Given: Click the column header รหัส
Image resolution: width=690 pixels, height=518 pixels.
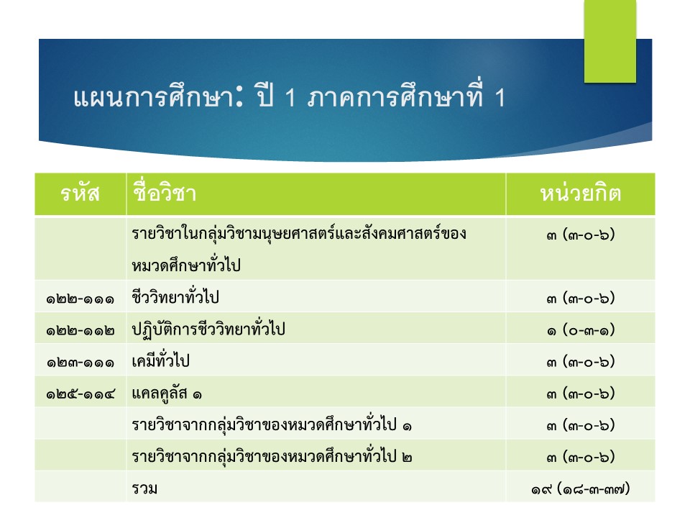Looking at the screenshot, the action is pos(80,194).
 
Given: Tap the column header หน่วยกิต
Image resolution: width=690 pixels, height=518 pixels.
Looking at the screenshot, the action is pos(581,193).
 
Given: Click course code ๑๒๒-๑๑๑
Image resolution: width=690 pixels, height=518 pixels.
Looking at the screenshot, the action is pos(80,299).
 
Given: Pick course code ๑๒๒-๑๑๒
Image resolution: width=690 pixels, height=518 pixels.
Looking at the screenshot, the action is pos(80,331).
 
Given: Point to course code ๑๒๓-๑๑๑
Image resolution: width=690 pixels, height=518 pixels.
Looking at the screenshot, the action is pos(80,363).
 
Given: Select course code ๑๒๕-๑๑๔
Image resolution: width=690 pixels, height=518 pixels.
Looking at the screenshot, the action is pos(80,394).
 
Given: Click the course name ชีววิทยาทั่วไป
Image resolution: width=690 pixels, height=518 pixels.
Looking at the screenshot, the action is pos(175,296).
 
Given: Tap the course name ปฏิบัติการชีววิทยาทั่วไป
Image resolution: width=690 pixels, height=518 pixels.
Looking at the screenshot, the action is pos(208,329).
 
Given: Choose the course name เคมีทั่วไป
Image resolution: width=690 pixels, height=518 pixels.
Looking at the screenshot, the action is pos(160,360).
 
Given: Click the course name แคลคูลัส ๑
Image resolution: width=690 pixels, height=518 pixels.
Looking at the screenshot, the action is pos(167,393).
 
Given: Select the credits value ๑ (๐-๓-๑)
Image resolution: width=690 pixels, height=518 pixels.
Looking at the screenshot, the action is pos(581,330).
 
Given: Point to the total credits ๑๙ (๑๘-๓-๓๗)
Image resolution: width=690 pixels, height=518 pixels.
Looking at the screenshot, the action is pos(581,489).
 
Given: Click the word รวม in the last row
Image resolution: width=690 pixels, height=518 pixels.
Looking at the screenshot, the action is pos(144,489).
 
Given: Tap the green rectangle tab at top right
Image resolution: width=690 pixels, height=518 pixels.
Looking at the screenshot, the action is pos(610,41).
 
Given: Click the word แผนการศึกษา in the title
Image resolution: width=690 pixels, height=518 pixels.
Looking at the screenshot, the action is pos(152,97).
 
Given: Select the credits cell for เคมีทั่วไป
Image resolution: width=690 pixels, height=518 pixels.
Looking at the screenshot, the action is pos(581,362).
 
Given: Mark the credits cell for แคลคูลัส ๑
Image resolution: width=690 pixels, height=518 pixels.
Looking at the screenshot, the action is pos(581,394).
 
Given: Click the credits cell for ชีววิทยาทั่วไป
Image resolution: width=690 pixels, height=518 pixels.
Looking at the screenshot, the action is pos(581,298).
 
